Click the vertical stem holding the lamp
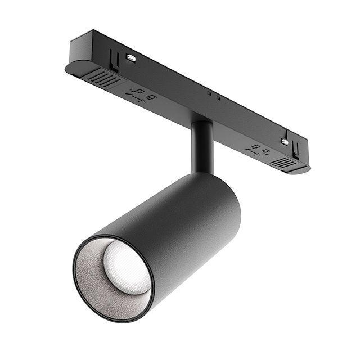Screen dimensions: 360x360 pos(202,146)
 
